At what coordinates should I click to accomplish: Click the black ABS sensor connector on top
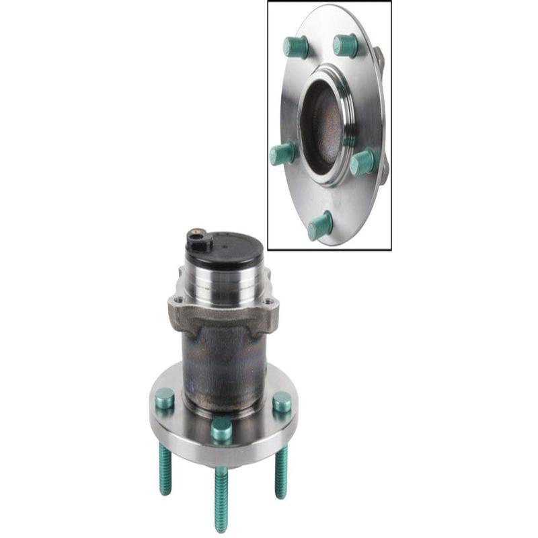click(x=196, y=239)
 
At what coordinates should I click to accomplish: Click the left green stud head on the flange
click(x=164, y=398)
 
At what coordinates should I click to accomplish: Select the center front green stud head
click(x=221, y=429)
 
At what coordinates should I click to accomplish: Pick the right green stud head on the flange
click(x=282, y=401)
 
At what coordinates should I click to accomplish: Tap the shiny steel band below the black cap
click(x=225, y=286)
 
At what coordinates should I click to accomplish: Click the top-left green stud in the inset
click(x=295, y=46)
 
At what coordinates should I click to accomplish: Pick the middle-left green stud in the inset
click(x=282, y=153)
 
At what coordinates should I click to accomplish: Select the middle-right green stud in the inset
click(x=362, y=162)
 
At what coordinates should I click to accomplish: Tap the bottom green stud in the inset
click(x=320, y=225)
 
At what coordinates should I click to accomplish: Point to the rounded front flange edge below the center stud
click(x=222, y=457)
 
